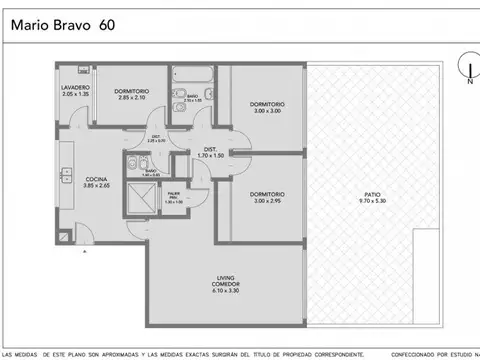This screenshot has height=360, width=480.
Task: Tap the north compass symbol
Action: pos(466,70)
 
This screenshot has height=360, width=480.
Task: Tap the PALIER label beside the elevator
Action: pos(174,199)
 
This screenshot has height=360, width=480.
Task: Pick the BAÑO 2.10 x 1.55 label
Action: pos(192,99)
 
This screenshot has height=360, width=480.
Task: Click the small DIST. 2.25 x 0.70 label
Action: pos(156,139)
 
